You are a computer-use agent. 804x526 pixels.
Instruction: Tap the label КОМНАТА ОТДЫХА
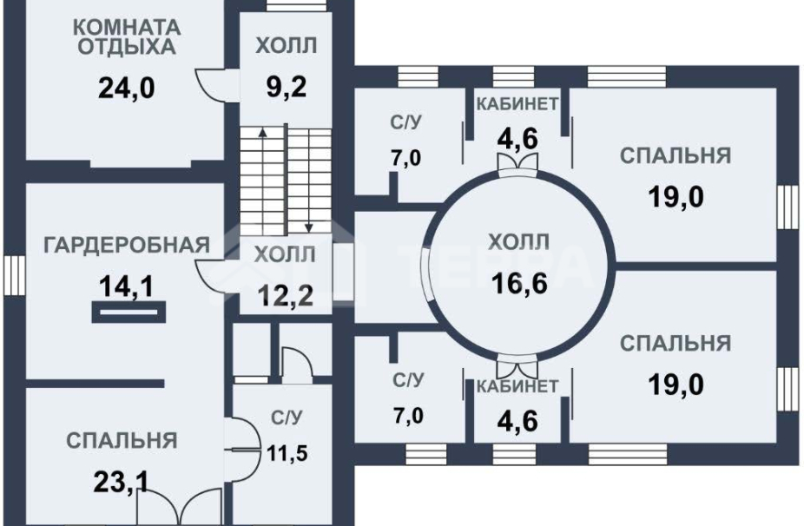[127, 36]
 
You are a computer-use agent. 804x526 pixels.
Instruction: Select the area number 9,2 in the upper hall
[287, 87]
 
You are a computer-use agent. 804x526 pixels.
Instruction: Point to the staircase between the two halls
[285, 178]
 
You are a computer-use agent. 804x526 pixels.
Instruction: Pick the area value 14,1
[127, 285]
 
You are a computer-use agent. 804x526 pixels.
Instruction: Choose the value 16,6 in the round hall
[518, 283]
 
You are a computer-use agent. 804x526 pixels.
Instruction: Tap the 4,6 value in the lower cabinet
[517, 420]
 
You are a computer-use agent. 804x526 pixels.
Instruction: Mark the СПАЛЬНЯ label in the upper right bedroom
[675, 155]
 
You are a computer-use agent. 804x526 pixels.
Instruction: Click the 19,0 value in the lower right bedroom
[675, 383]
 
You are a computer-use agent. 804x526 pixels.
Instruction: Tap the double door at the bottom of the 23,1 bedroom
[181, 506]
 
